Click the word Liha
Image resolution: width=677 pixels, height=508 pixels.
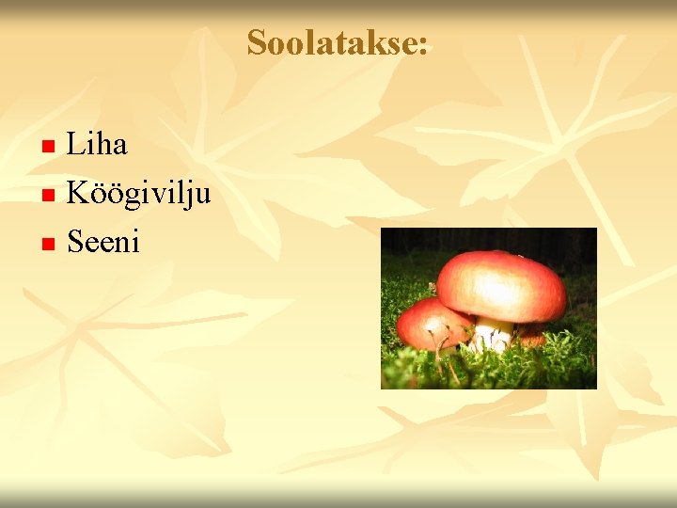pos(98,145)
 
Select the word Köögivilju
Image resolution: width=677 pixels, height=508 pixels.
pos(138,195)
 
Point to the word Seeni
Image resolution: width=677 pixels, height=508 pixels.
pos(103,243)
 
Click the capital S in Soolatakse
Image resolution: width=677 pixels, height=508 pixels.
pos(257,42)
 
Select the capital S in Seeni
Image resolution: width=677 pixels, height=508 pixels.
pos(75,243)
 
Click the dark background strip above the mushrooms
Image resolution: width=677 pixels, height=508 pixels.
pos(489,239)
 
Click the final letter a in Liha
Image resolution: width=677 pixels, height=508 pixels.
pos(118,147)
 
